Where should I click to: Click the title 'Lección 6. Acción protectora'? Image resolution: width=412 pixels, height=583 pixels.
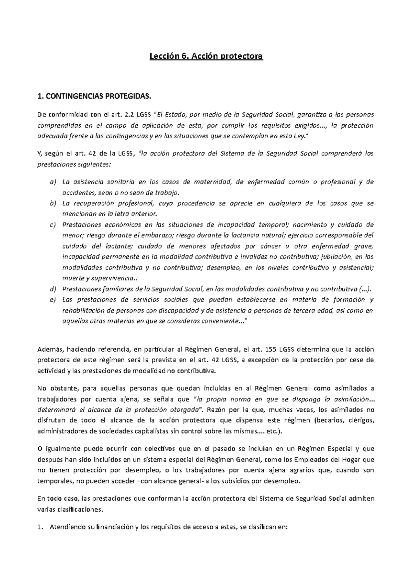click(206, 56)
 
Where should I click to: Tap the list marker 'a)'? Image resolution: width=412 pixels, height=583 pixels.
click(52, 182)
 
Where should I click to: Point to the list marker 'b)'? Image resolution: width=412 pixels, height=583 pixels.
click(52, 204)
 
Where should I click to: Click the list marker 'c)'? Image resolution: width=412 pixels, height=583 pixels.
click(52, 225)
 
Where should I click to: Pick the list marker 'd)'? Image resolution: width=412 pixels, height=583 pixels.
click(52, 289)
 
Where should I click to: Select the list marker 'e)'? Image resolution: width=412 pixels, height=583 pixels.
click(52, 300)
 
